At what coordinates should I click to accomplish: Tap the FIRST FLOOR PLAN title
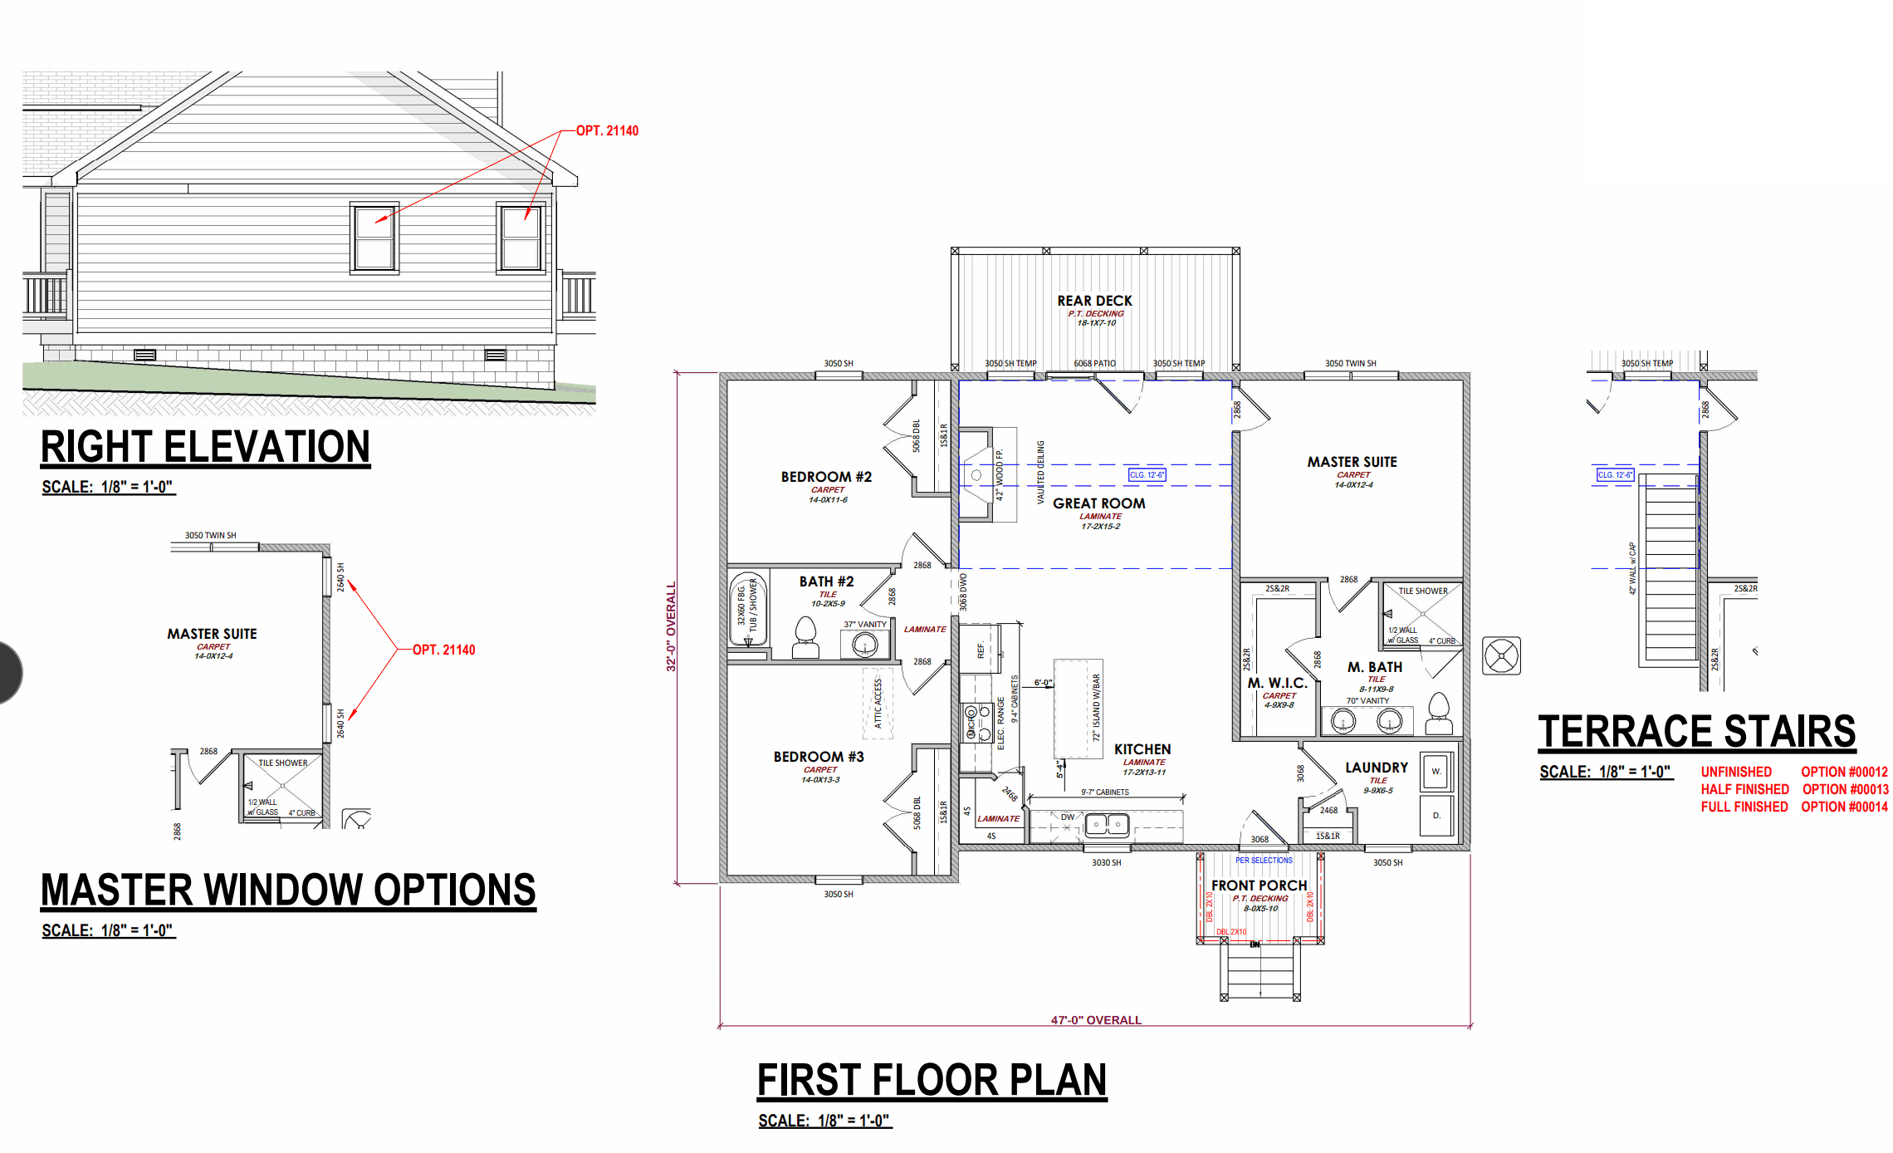pyautogui.click(x=932, y=1080)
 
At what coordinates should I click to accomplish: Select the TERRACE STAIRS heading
pyautogui.click(x=1696, y=732)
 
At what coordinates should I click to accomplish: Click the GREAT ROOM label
pyautogui.click(x=1098, y=503)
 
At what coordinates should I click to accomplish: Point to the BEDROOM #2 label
pyautogui.click(x=826, y=477)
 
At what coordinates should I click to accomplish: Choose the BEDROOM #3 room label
pyautogui.click(x=819, y=757)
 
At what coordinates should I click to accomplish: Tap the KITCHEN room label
pyautogui.click(x=1142, y=749)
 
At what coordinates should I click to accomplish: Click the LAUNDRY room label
pyautogui.click(x=1377, y=768)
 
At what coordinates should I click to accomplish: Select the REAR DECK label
pyautogui.click(x=1094, y=301)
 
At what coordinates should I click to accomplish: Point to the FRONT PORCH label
pyautogui.click(x=1259, y=886)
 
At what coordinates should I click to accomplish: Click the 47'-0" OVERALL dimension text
pyautogui.click(x=1096, y=1020)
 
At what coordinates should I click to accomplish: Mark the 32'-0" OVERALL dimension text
pyautogui.click(x=671, y=626)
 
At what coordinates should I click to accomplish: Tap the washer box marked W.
pyautogui.click(x=1436, y=772)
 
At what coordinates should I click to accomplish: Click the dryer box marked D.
pyautogui.click(x=1436, y=816)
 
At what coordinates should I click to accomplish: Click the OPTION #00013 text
pyautogui.click(x=1845, y=789)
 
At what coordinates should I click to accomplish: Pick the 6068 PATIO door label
pyautogui.click(x=1094, y=363)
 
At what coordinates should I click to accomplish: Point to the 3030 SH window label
pyautogui.click(x=1106, y=862)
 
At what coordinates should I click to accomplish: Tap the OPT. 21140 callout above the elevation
pyautogui.click(x=607, y=130)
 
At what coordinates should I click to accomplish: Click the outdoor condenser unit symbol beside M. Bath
pyautogui.click(x=1501, y=656)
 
